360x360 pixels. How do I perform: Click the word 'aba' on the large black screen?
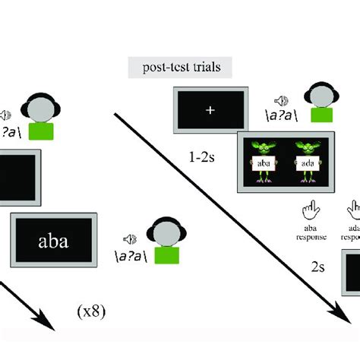point(52,242)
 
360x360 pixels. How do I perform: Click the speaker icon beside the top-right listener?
point(281,100)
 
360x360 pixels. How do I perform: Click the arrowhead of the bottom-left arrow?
point(47,324)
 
